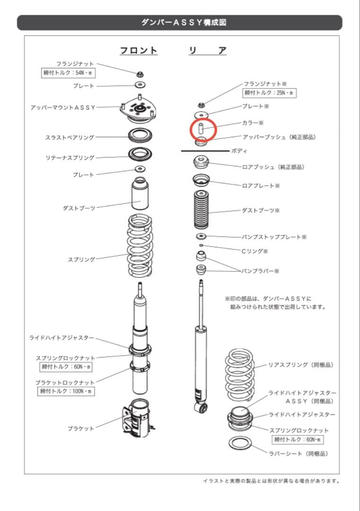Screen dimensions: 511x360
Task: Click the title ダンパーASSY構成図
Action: click(179, 23)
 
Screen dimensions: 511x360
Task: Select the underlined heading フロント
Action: click(138, 51)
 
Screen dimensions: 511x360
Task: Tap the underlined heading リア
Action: click(207, 51)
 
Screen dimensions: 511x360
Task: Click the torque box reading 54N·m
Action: click(68, 73)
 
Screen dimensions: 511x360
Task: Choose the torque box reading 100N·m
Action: click(66, 391)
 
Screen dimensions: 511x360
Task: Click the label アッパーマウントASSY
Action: click(63, 107)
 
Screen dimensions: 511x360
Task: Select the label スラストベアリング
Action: click(70, 138)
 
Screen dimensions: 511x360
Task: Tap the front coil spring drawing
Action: click(140, 245)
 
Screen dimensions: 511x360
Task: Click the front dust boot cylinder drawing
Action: click(140, 195)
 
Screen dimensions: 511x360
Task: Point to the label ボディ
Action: click(239, 150)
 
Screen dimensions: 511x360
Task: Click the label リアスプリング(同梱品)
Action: click(301, 365)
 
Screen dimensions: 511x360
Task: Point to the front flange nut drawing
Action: click(140, 74)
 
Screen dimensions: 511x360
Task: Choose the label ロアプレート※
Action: click(261, 186)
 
